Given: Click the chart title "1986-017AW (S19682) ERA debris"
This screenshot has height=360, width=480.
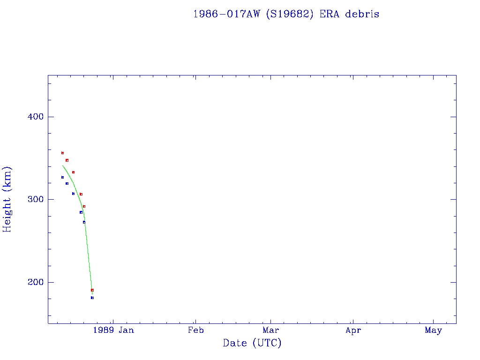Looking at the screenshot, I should [x=286, y=14].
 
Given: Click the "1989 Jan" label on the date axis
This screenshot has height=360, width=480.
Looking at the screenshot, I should [x=113, y=330].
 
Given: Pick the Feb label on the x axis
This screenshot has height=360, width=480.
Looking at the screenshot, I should [x=195, y=330].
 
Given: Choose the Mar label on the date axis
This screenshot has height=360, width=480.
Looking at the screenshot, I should [x=270, y=330].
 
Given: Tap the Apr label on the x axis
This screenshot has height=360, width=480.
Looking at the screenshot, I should [x=353, y=330].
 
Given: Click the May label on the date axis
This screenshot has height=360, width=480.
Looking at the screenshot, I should [x=434, y=330].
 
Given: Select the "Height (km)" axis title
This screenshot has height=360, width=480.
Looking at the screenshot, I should [x=7, y=199].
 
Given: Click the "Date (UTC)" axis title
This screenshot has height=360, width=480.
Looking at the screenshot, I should [x=252, y=343].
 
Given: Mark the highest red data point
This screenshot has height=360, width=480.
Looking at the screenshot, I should [x=62, y=153].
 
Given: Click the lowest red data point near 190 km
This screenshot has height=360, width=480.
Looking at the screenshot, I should [x=92, y=290].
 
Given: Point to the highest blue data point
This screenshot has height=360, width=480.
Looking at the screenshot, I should [x=62, y=177].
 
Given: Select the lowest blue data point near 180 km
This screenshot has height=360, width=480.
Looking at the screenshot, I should [x=92, y=298].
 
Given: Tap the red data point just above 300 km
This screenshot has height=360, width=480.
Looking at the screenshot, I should [x=81, y=194].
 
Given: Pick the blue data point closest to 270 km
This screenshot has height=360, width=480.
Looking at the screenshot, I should [x=84, y=222].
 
